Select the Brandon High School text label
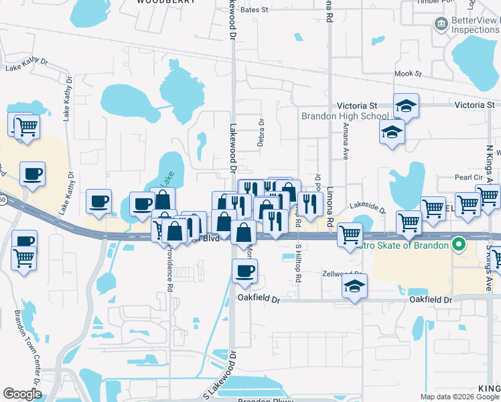tap(335, 116)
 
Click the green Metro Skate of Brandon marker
tap(459, 245)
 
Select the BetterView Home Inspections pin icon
tap(441, 25)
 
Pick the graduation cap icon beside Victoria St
tap(406, 106)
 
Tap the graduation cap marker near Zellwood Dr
tap(354, 287)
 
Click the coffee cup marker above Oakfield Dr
tap(244, 271)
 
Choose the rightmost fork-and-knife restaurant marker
tap(309, 204)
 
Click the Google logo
tap(22, 394)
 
